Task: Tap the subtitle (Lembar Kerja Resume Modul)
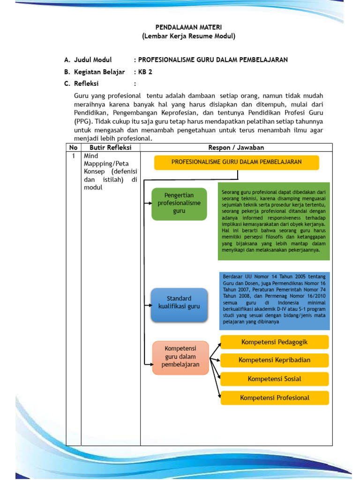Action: [x=182, y=36]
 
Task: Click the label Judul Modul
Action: [x=93, y=60]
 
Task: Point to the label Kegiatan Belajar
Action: [x=99, y=72]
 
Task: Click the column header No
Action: [x=74, y=148]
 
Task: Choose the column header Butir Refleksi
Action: [x=111, y=148]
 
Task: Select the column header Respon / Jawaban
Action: [x=236, y=148]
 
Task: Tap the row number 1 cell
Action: [x=74, y=156]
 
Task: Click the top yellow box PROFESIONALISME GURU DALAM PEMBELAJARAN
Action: [x=237, y=162]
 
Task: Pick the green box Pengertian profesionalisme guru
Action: [x=179, y=203]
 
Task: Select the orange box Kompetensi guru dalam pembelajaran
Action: [x=180, y=357]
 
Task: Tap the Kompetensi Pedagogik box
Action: [x=275, y=342]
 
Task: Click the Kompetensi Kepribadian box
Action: [x=275, y=360]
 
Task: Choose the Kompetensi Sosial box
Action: [x=275, y=379]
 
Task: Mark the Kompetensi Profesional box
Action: [x=275, y=398]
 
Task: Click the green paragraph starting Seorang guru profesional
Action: [x=274, y=221]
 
